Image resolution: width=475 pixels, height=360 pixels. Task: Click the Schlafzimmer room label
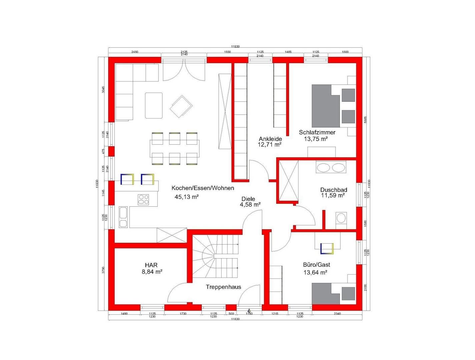click(x=317, y=132)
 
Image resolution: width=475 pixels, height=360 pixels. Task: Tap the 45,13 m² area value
click(x=186, y=197)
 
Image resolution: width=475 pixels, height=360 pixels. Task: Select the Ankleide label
click(x=271, y=139)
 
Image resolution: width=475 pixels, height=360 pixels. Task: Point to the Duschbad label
click(x=334, y=190)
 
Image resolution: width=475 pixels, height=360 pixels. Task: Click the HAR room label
click(x=152, y=265)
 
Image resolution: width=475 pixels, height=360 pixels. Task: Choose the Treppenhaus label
click(x=223, y=287)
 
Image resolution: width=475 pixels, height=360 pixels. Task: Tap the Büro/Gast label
click(x=316, y=265)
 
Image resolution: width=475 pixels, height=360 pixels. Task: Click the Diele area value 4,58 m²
click(x=250, y=205)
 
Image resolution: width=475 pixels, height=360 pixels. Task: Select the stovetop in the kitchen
click(x=143, y=199)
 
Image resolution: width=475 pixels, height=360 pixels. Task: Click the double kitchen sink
click(x=123, y=217)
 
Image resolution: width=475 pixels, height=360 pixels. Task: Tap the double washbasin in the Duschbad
click(x=331, y=167)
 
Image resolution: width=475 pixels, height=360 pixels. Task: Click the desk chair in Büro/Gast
click(x=327, y=248)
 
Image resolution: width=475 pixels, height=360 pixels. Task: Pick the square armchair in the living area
click(x=181, y=107)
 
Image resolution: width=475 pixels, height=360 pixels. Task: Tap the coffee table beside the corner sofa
click(x=154, y=105)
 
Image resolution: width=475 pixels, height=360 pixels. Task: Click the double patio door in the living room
click(x=184, y=71)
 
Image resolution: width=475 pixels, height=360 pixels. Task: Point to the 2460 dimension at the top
click(x=134, y=52)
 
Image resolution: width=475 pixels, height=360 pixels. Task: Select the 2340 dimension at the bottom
click(x=337, y=314)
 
